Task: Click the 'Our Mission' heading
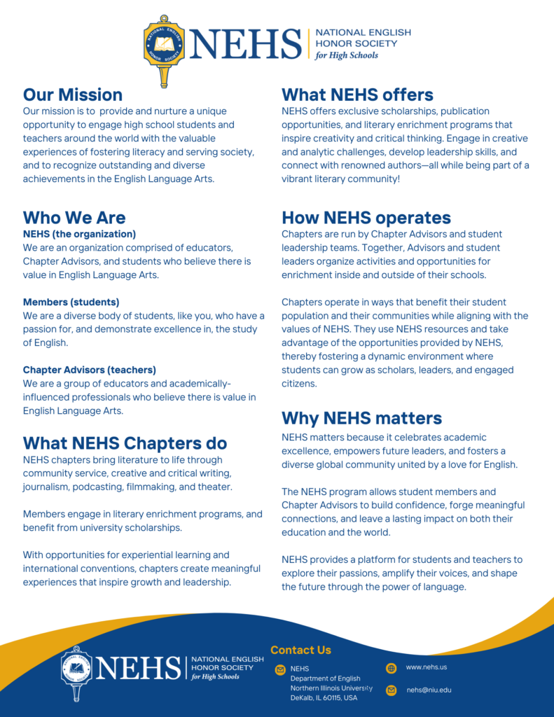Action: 73,95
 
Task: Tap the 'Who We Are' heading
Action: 74,217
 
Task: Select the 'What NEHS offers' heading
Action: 357,95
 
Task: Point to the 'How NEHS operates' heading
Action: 366,217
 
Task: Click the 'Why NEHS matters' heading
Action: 361,418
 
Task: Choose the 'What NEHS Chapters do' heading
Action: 125,443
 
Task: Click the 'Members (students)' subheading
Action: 71,302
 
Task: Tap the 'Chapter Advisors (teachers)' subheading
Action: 90,370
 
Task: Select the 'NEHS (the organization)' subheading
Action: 79,234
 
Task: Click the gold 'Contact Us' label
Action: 300,650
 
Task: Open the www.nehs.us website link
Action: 426,667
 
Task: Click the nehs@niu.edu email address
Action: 429,690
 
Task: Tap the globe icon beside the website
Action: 392,668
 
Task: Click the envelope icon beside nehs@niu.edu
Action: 392,690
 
